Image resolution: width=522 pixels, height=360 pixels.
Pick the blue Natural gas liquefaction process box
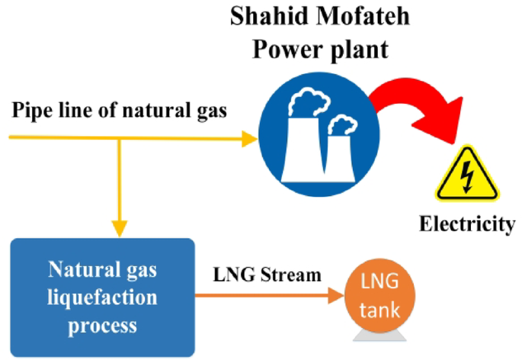(x=102, y=297)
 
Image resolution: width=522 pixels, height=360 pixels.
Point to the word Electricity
(x=466, y=225)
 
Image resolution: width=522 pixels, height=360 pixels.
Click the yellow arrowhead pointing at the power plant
(x=249, y=138)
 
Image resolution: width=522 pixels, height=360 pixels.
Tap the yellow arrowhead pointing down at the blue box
(x=119, y=227)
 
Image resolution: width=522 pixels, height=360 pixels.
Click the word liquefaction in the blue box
(x=102, y=298)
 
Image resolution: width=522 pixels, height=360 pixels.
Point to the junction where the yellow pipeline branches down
(x=119, y=138)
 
